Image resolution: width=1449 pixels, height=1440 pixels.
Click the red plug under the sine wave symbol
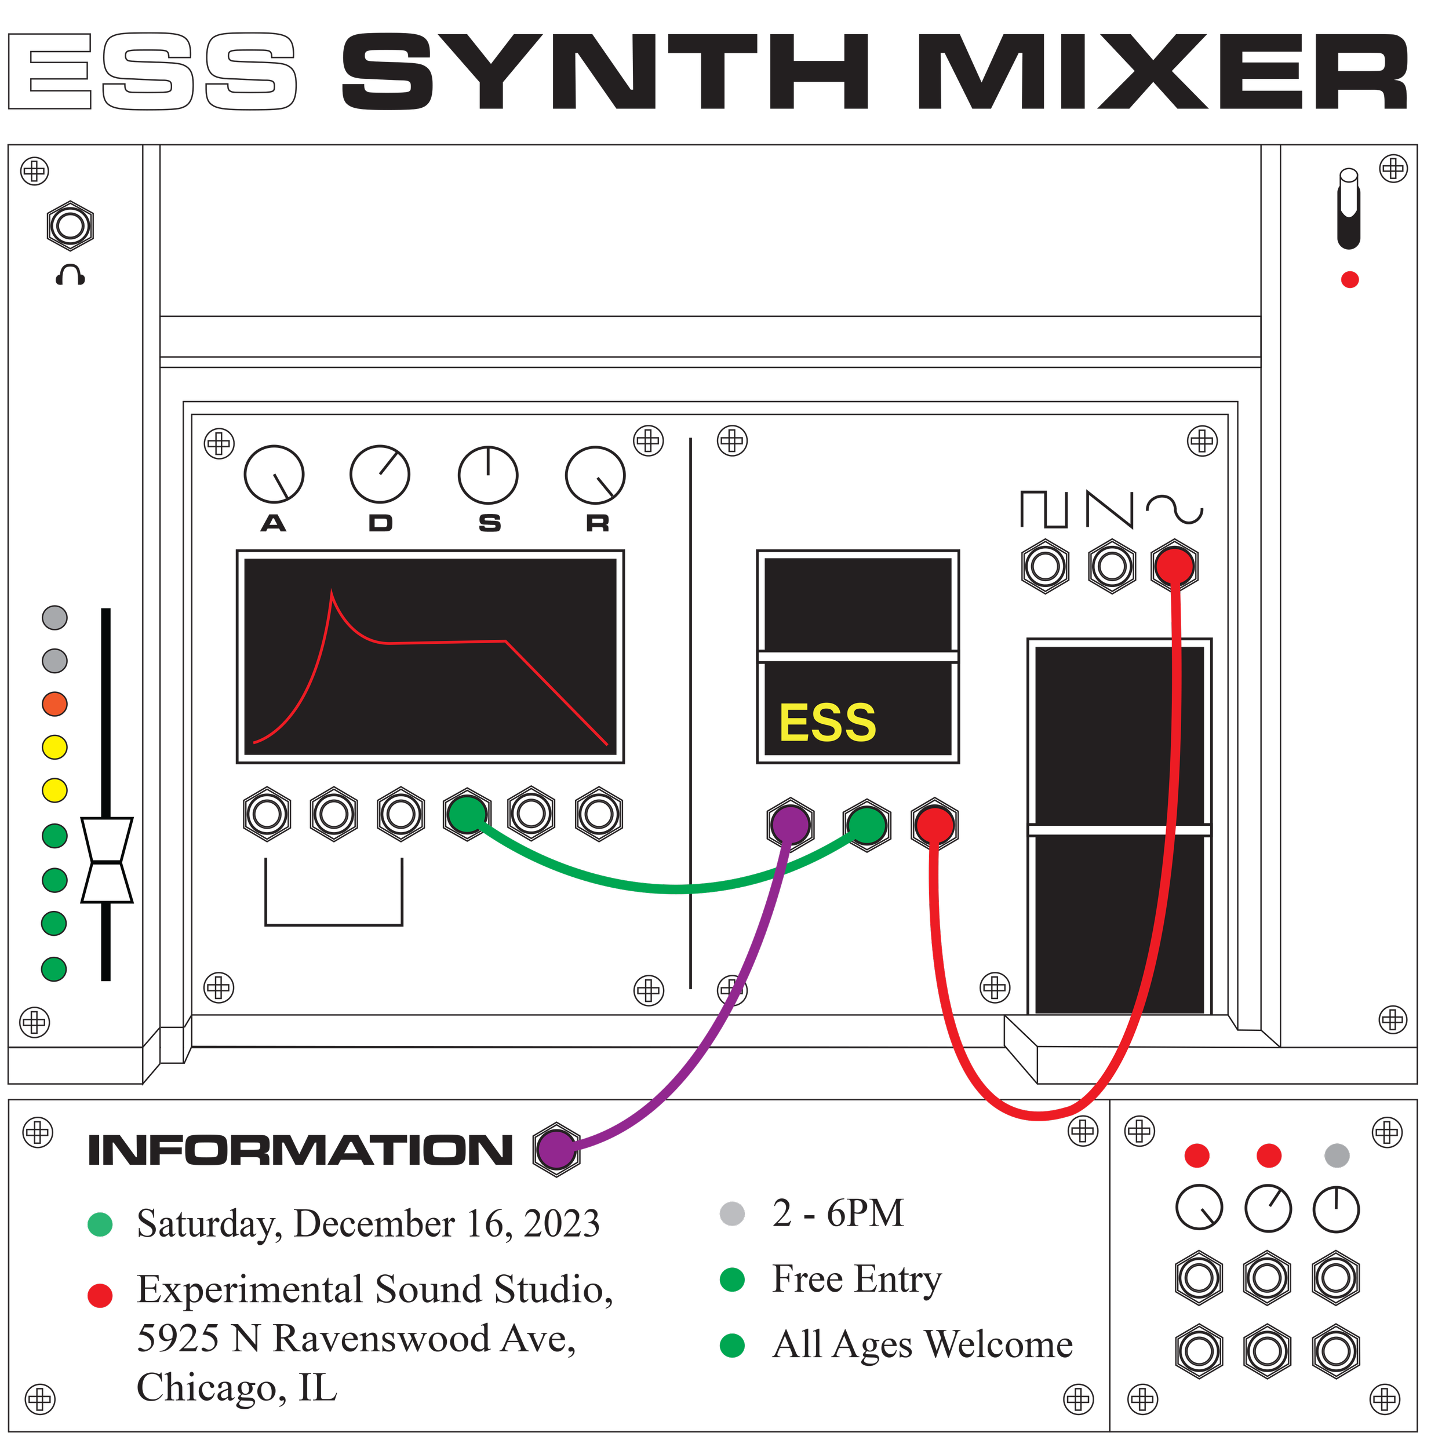1174,566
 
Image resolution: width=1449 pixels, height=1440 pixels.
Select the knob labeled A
274,475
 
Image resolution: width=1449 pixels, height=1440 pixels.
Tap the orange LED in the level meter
54,704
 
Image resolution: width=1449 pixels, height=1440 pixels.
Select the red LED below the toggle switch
1350,280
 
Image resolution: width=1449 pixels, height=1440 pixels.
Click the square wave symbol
1044,509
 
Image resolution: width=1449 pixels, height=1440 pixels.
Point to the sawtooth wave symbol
1110,510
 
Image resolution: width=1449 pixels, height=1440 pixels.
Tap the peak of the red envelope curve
332,592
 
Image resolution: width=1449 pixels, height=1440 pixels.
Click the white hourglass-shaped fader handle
107,861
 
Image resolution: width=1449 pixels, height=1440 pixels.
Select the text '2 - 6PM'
838,1213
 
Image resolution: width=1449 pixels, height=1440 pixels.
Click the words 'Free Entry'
855,1279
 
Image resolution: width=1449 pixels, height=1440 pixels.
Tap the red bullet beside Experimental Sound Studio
100,1295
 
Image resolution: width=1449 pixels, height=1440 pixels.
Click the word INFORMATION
300,1150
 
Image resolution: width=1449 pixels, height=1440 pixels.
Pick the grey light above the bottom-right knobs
1337,1155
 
